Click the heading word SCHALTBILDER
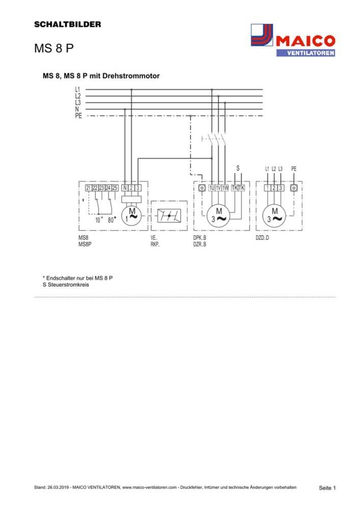(67, 24)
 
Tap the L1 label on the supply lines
(78, 90)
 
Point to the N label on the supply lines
(77, 109)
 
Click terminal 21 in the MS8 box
(89, 188)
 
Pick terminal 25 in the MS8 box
(115, 188)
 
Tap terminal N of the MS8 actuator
(125, 188)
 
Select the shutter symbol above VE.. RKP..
(169, 216)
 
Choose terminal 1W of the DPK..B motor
(225, 188)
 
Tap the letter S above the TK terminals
(237, 168)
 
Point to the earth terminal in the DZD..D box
(293, 188)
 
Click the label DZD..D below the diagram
(262, 238)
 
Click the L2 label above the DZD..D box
(274, 168)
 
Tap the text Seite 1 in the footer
(327, 488)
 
